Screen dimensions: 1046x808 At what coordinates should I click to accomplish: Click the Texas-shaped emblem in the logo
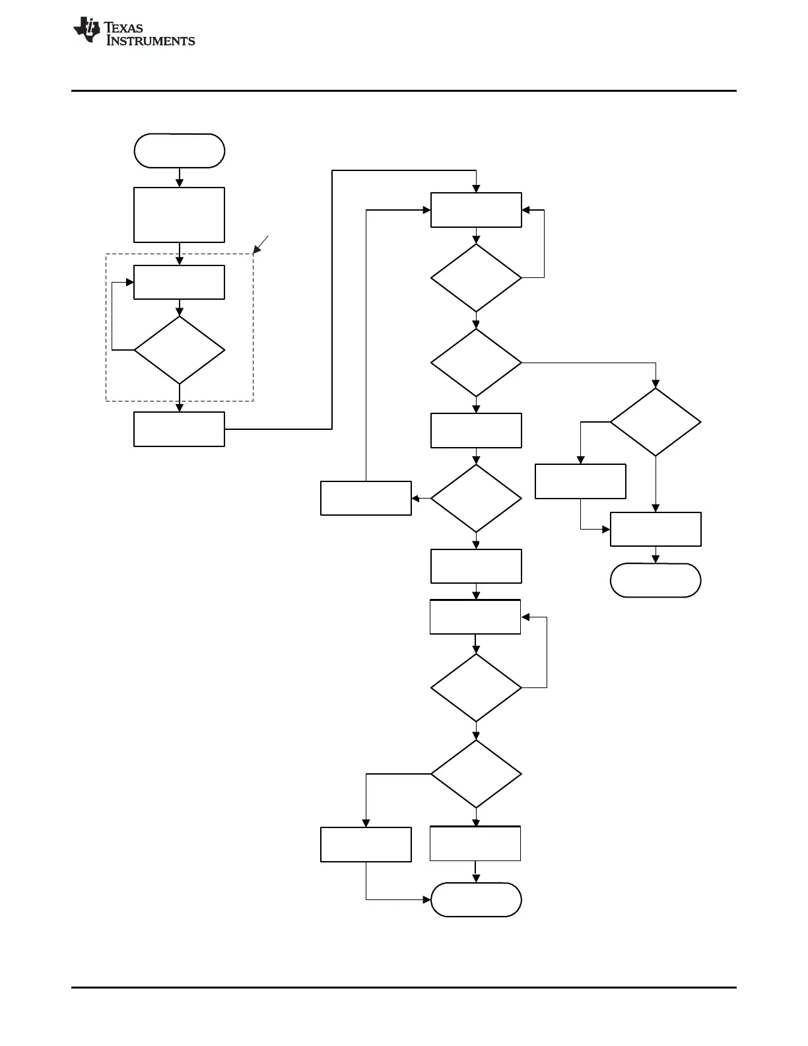pos(86,30)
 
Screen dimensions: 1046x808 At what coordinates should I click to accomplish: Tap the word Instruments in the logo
pos(151,41)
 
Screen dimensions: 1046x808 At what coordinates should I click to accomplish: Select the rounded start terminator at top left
pos(179,151)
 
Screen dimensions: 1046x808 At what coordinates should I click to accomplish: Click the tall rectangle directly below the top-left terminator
pos(179,215)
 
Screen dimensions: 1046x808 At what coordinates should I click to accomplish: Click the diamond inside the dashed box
pos(179,350)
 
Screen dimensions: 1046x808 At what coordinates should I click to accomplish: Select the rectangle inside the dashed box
pos(179,282)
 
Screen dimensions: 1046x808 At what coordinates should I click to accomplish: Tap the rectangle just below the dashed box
pos(179,429)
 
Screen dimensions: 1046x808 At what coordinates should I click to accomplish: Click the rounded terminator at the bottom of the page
pos(476,899)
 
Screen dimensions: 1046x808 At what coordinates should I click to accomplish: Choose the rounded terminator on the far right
pos(656,580)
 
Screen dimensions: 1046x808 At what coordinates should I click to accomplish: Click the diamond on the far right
pos(656,422)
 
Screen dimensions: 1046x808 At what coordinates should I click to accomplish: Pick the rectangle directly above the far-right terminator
pos(656,529)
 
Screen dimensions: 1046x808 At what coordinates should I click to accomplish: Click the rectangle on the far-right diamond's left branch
pos(580,481)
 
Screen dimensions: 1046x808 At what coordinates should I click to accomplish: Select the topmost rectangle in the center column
pos(476,210)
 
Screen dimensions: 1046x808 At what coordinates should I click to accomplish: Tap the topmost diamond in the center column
pos(476,278)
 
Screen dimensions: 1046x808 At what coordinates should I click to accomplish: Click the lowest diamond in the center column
pos(476,773)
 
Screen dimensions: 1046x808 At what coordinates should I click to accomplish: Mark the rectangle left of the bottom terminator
pos(366,844)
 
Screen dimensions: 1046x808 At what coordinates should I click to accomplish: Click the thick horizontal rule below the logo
pos(403,90)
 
